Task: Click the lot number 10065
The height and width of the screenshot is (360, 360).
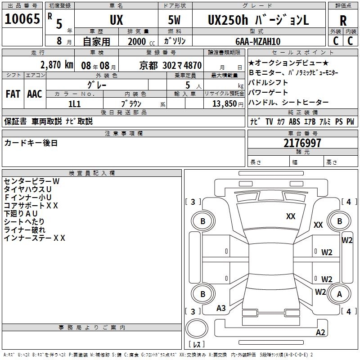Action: [x=22, y=19]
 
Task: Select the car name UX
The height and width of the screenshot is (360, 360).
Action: [x=116, y=21]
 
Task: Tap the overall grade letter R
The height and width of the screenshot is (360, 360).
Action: [x=343, y=20]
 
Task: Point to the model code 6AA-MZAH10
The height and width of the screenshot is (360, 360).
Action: [x=258, y=41]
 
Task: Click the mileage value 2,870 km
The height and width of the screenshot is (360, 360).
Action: [x=56, y=65]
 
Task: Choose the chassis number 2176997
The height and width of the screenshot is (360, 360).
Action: [x=302, y=143]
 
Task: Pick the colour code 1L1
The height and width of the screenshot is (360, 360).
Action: [x=75, y=103]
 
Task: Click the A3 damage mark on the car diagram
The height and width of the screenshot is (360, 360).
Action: [x=221, y=308]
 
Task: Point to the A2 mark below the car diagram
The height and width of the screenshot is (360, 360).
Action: [x=320, y=333]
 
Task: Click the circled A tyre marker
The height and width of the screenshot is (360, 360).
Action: [x=340, y=294]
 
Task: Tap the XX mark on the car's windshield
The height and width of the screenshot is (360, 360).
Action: [x=291, y=216]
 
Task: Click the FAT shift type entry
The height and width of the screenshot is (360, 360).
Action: [x=13, y=94]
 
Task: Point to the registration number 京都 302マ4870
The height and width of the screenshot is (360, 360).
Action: [x=171, y=65]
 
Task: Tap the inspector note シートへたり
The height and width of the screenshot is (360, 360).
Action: [x=24, y=222]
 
